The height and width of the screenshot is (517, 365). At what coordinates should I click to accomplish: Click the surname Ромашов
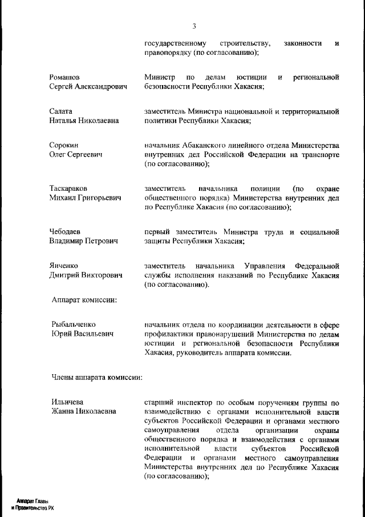pos(64,77)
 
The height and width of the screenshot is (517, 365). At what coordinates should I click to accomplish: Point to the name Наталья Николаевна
pos(84,121)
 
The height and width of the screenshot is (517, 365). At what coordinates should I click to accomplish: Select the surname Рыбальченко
pos(74,324)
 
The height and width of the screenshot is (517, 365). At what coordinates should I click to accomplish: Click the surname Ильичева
pos(67,402)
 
